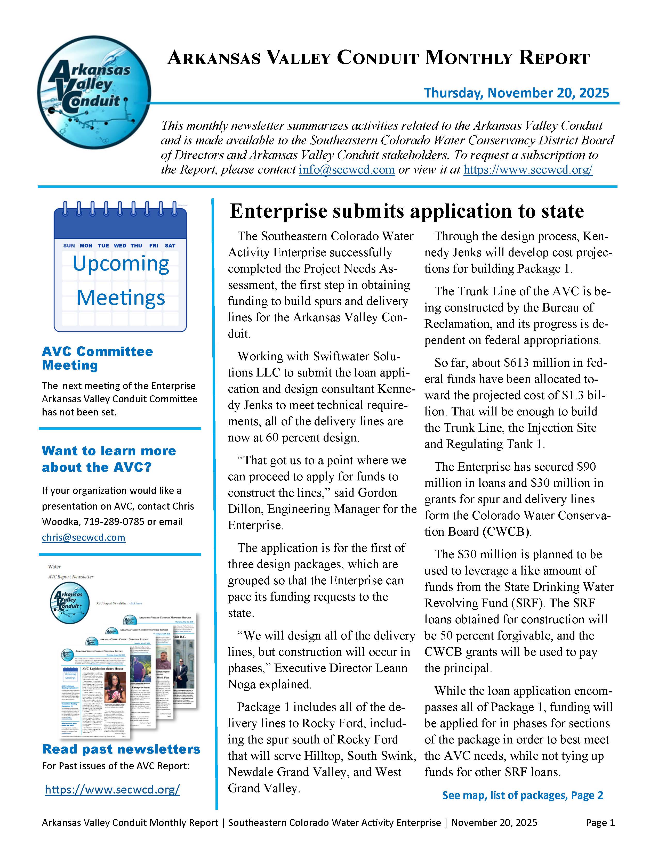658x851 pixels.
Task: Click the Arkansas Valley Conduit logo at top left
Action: [94, 92]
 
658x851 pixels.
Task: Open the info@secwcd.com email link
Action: [347, 170]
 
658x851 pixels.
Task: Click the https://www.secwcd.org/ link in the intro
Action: [528, 170]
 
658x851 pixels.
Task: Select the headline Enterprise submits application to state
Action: [407, 211]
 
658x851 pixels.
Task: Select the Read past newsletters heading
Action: [121, 749]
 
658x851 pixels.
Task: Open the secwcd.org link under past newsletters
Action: [112, 789]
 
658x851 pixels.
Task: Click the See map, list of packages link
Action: [522, 795]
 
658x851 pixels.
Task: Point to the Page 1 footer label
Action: [600, 823]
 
